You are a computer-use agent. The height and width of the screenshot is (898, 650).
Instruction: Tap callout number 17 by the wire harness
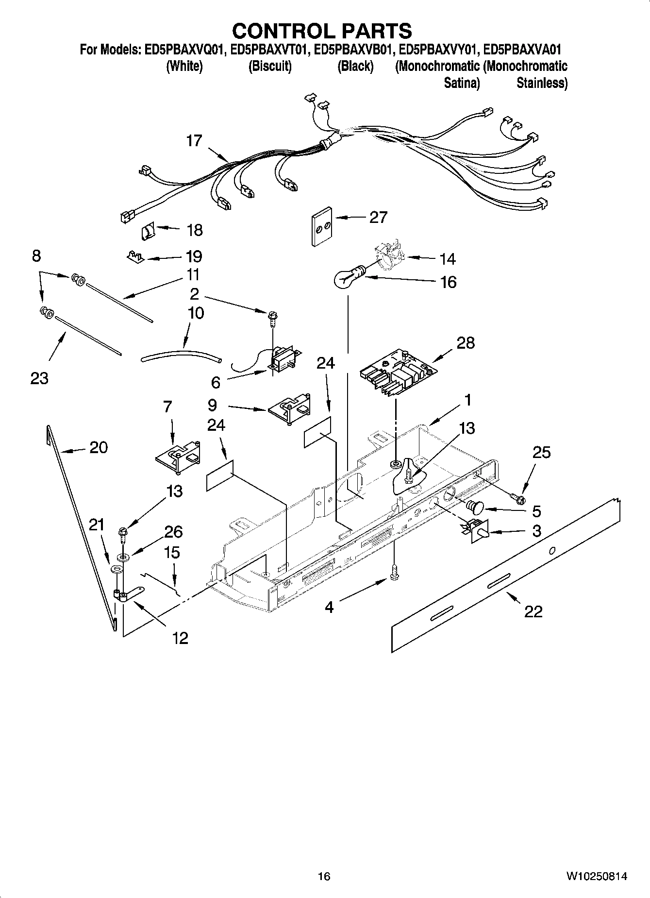coord(194,141)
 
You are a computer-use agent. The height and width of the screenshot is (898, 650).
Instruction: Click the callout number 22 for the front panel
coord(533,611)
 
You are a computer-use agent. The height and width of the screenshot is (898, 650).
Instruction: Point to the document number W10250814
coord(596,876)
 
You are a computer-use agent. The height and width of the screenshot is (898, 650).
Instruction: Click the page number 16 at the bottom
coord(324,876)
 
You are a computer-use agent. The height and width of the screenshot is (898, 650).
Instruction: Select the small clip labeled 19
coord(135,255)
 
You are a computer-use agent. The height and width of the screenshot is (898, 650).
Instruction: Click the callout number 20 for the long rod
coord(98,447)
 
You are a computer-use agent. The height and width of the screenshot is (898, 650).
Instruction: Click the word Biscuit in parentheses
coord(270,67)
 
